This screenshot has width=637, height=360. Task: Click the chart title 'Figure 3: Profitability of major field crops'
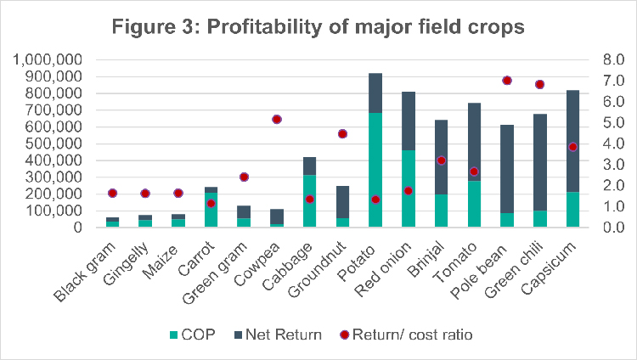click(318, 27)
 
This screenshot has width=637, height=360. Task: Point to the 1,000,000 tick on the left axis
click(48, 60)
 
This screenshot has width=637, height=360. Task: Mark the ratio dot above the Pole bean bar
click(507, 81)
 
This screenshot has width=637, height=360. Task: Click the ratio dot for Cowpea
click(276, 120)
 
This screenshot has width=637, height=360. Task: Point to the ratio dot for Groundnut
click(342, 134)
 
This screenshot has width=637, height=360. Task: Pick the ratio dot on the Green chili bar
click(539, 85)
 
